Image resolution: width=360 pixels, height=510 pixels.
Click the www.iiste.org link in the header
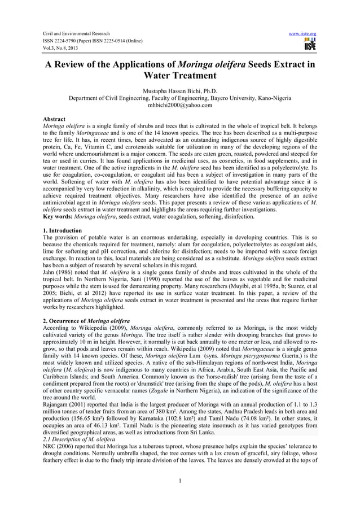click(305, 33)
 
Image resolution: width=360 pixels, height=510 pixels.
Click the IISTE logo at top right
click(309, 45)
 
